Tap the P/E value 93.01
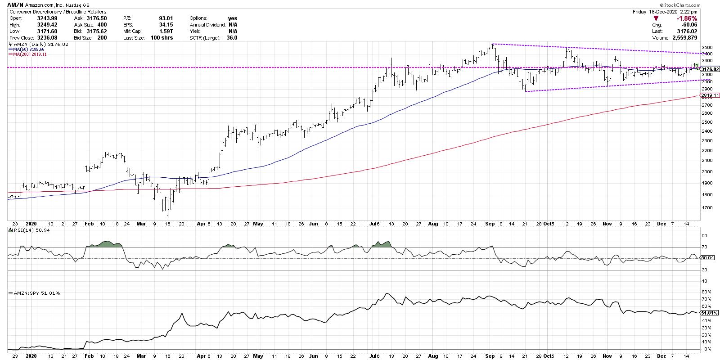point(166,18)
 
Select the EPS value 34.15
point(166,25)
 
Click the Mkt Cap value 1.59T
point(166,31)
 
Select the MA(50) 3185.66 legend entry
point(28,49)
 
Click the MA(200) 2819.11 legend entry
point(29,54)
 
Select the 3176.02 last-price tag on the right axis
point(709,69)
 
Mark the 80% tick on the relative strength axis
point(705,292)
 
